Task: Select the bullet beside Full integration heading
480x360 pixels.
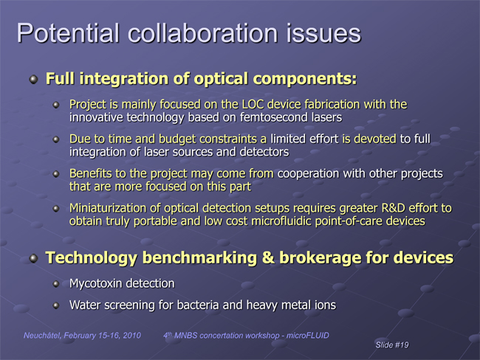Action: point(33,80)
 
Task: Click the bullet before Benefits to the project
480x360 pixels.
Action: point(55,174)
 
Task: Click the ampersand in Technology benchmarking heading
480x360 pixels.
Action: point(268,257)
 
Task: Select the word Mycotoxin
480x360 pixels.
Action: point(96,283)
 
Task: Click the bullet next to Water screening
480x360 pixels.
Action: point(55,305)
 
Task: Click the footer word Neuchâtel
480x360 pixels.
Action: point(43,335)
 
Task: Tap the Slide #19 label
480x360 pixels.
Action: point(392,345)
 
